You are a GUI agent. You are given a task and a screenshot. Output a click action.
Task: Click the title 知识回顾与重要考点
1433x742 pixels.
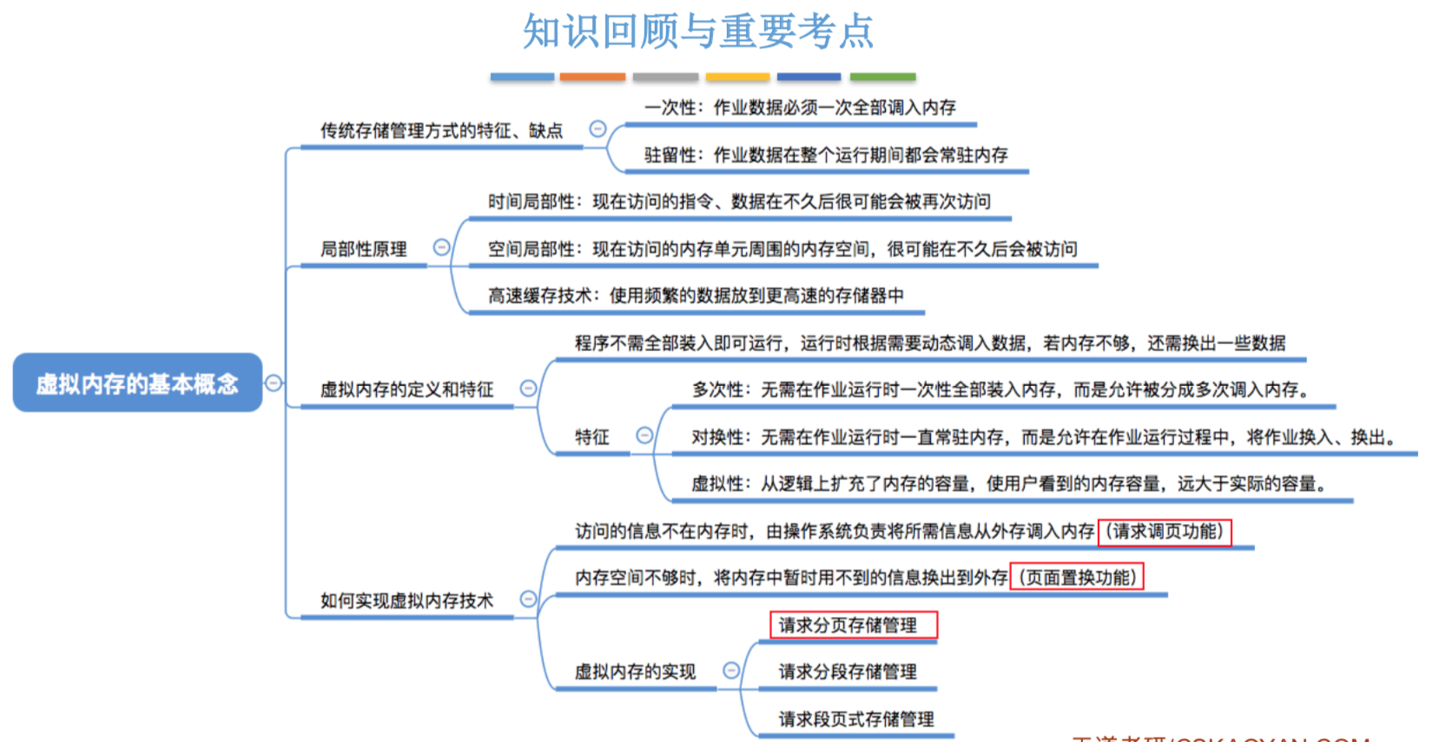(697, 31)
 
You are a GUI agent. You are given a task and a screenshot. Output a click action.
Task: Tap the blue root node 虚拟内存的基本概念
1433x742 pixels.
(137, 383)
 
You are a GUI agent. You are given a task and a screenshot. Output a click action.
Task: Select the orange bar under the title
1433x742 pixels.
(592, 77)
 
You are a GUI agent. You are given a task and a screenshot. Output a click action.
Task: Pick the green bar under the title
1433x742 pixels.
(882, 77)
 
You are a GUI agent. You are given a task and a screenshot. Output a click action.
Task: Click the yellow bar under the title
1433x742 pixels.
(737, 77)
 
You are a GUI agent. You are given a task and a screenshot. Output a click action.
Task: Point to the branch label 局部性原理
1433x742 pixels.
(363, 249)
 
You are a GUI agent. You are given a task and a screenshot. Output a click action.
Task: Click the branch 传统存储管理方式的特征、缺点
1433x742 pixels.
(441, 131)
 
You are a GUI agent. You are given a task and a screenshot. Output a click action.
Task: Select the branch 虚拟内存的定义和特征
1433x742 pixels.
(406, 389)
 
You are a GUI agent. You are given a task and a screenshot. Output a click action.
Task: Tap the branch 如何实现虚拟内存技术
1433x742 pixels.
(406, 601)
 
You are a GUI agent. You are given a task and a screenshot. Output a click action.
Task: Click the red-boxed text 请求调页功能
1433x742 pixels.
(1165, 531)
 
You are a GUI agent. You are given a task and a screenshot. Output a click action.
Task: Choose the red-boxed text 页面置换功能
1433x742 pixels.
(1077, 578)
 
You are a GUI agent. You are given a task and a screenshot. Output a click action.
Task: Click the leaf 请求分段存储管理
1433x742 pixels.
(848, 672)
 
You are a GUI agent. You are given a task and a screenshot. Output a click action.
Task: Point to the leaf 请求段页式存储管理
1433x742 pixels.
(856, 719)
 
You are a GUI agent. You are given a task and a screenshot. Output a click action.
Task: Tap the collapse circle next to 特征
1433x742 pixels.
(644, 435)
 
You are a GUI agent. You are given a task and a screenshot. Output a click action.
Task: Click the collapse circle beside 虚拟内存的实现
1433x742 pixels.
(731, 671)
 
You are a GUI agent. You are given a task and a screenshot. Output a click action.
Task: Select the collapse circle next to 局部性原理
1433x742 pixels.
(441, 248)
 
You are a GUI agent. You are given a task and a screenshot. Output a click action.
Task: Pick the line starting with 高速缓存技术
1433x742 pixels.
(696, 296)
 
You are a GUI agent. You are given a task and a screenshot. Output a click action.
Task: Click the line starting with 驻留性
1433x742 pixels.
(825, 156)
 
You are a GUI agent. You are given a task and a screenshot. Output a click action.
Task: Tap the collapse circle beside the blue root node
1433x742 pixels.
(274, 382)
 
